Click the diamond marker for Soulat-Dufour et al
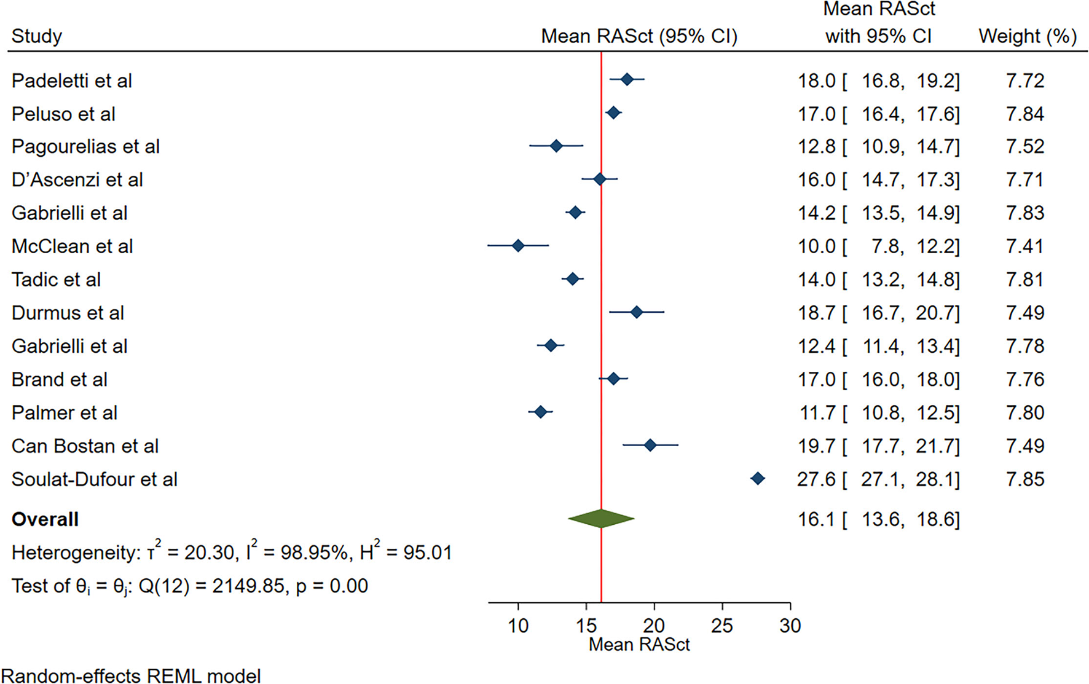tap(758, 479)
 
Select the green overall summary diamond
tap(601, 519)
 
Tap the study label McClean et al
tap(72, 246)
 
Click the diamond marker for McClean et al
tap(518, 246)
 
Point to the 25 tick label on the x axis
tap(721, 626)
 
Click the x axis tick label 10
tap(518, 626)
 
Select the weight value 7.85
tap(1024, 479)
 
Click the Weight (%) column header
tap(1027, 36)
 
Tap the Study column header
tap(37, 36)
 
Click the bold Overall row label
tap(45, 519)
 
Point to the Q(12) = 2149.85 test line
tap(189, 586)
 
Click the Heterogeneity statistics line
tap(231, 552)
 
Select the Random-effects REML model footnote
tap(130, 676)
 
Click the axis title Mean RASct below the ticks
tap(639, 645)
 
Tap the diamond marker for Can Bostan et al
tap(650, 446)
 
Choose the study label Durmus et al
tap(68, 313)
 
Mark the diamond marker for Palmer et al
tap(540, 412)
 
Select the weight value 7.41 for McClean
tap(1024, 246)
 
